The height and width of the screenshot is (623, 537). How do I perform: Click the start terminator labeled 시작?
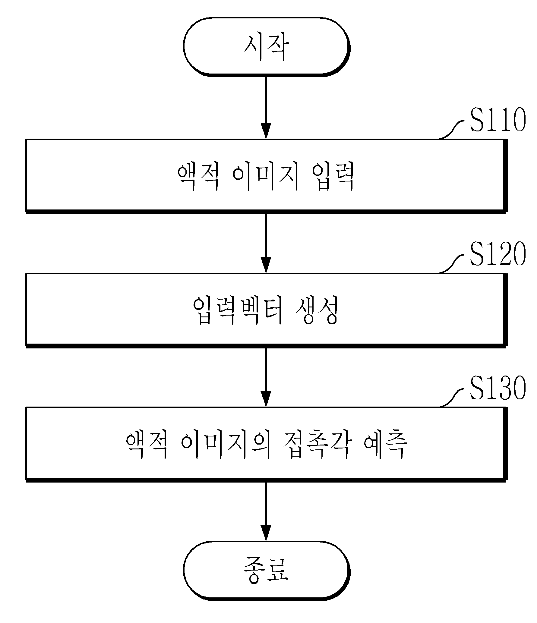pyautogui.click(x=267, y=47)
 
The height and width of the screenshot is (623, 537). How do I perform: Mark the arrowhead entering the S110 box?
pyautogui.click(x=266, y=131)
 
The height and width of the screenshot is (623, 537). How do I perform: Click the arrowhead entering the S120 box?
pyautogui.click(x=266, y=265)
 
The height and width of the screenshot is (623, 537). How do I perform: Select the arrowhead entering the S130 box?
pyautogui.click(x=266, y=399)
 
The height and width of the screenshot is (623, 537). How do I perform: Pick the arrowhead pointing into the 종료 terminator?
pyautogui.click(x=266, y=533)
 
